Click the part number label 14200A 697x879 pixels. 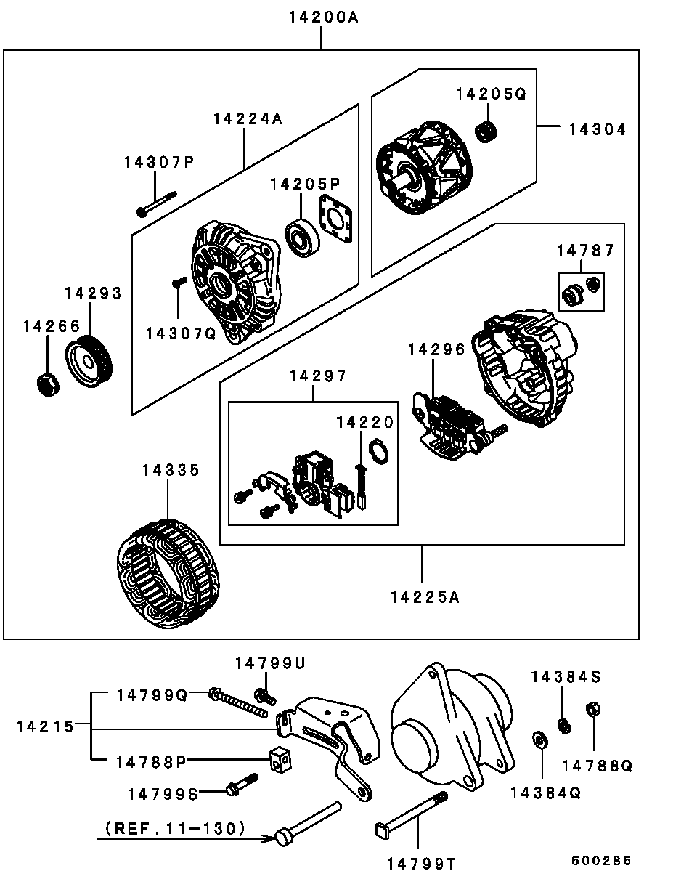pos(323,17)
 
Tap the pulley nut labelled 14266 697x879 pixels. pos(48,384)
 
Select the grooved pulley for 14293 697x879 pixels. pos(89,362)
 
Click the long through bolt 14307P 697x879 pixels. pos(156,204)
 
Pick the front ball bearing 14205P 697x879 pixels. pos(302,238)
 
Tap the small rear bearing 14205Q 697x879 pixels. pos(486,131)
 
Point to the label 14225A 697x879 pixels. pos(425,598)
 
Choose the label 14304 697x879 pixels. pos(598,130)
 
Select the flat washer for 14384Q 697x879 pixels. pos(540,740)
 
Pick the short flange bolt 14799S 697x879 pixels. pos(242,785)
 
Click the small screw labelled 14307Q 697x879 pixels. pos(179,282)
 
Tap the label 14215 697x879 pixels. pos(45,726)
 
